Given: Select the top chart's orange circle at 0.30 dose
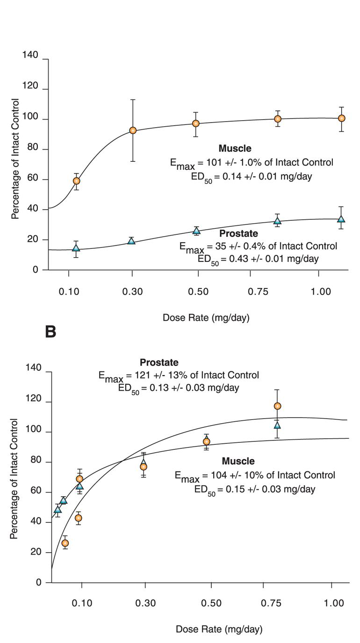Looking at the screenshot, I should click(133, 130).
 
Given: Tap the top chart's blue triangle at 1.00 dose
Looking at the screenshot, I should click(341, 219).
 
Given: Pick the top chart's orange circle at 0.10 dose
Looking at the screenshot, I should click(77, 181).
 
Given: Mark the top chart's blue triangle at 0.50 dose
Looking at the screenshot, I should click(196, 230).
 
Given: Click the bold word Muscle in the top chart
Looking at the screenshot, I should click(235, 149).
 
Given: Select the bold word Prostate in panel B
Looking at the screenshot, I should click(159, 362).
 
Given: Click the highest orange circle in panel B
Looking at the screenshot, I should click(277, 406).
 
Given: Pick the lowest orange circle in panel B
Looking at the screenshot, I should click(65, 543).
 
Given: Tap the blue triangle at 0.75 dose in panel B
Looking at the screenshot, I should click(277, 425).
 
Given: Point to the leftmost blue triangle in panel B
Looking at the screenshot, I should click(58, 509).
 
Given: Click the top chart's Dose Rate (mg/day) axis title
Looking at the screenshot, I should click(206, 318).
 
